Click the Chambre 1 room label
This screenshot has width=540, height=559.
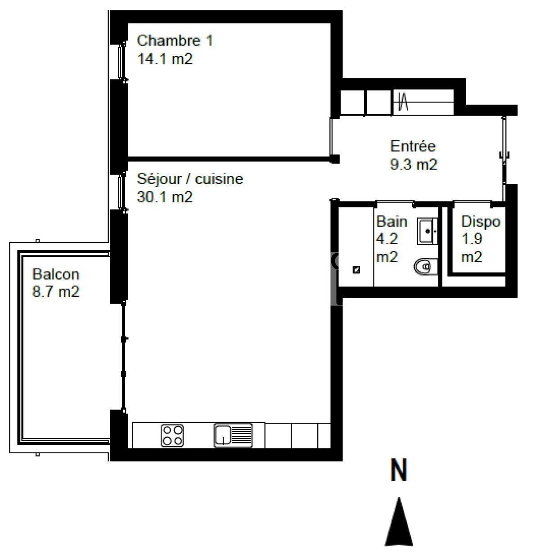click(175, 40)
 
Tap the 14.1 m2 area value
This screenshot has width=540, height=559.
click(165, 59)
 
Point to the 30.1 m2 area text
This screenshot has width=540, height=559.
click(165, 197)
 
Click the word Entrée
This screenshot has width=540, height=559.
click(413, 146)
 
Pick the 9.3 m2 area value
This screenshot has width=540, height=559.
click(414, 165)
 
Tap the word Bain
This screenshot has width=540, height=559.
click(391, 221)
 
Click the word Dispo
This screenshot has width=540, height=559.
click(481, 222)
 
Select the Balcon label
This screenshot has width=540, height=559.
click(56, 274)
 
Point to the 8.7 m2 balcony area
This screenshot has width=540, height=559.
click(56, 291)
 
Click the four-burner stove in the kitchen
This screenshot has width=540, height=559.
click(172, 435)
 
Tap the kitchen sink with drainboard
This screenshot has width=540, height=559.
click(233, 435)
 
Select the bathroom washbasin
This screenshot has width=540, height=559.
click(427, 231)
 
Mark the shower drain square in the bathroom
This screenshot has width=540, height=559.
click(356, 270)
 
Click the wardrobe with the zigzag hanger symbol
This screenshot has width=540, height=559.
click(423, 103)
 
